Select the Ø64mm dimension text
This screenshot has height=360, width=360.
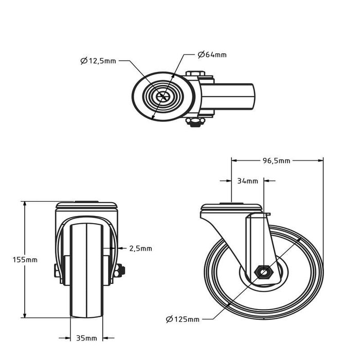coord(212,55)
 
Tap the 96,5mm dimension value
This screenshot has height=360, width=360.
coord(276,160)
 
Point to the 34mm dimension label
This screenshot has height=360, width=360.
coord(248,181)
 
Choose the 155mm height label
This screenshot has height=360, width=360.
coord(25,260)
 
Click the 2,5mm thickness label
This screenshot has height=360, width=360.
coord(140,248)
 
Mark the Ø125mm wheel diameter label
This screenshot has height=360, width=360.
coord(183,319)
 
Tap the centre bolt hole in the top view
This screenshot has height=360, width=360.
coord(164,97)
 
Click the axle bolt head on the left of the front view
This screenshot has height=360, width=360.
coord(56,270)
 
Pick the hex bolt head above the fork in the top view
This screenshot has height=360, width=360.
coord(194,74)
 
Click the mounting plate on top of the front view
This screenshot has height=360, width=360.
coord(86,206)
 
